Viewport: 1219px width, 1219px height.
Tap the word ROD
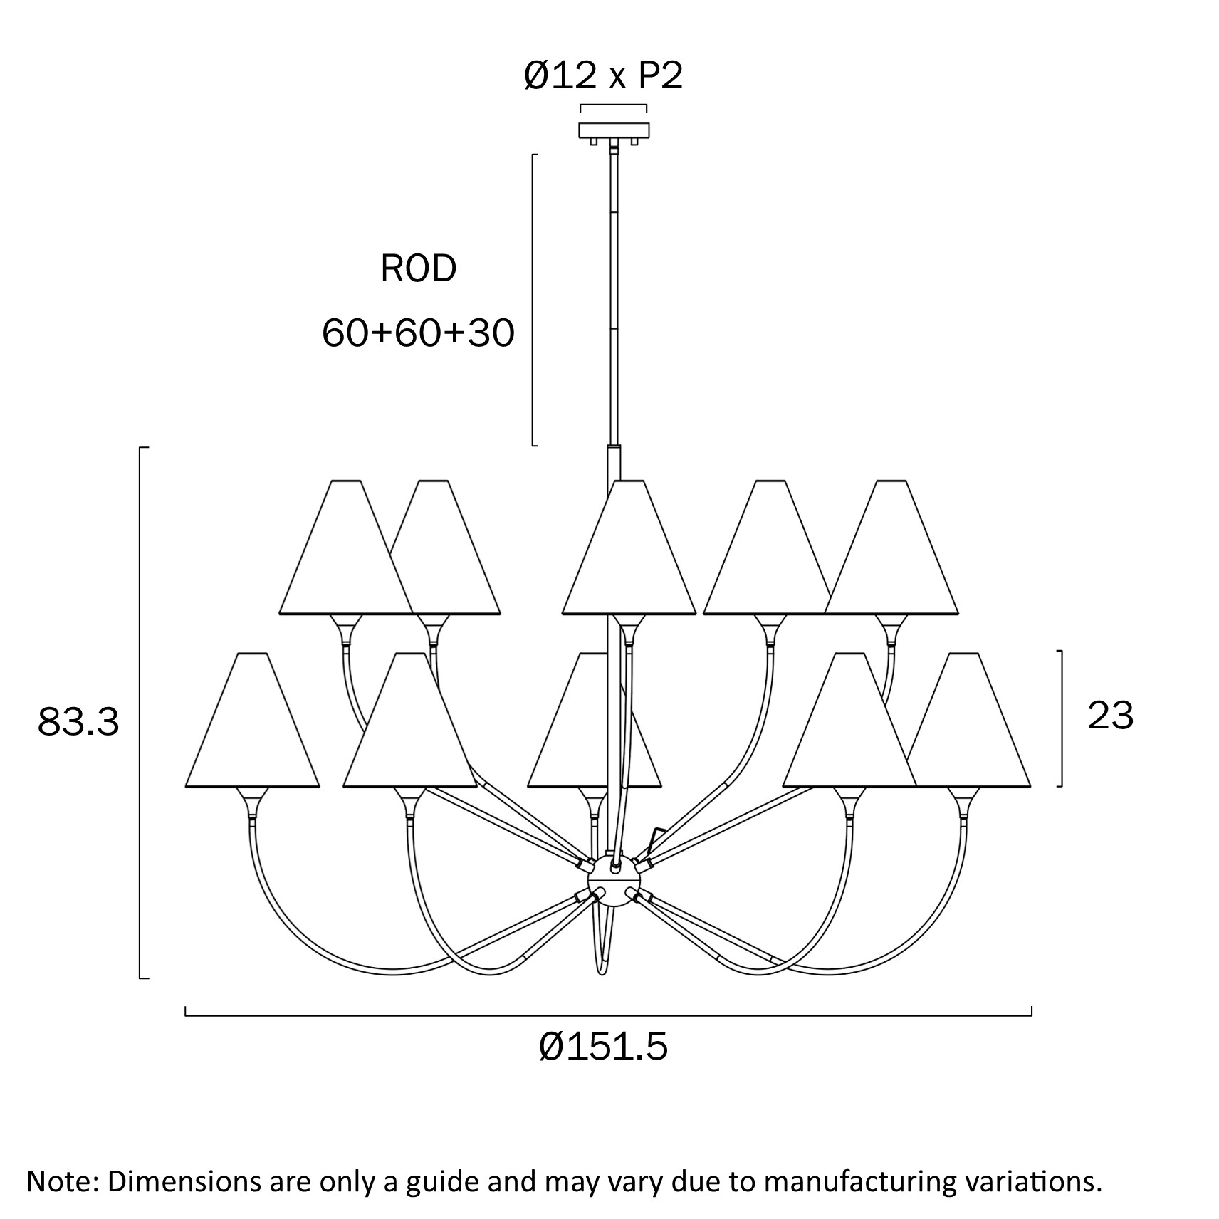coord(418,269)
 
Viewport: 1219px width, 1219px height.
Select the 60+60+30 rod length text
coord(418,333)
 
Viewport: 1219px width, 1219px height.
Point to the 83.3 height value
coord(78,721)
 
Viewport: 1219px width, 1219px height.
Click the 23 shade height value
coord(1110,716)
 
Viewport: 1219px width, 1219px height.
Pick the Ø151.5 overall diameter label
coord(603,1047)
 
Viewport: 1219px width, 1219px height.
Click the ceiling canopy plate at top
coord(614,131)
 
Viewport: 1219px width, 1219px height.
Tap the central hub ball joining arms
coord(609,883)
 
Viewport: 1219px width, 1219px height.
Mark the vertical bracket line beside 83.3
coord(140,712)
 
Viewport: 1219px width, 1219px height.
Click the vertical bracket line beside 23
coord(1062,718)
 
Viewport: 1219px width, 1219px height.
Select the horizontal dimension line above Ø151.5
coord(608,1015)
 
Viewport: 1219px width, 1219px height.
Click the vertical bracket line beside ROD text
coord(533,299)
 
